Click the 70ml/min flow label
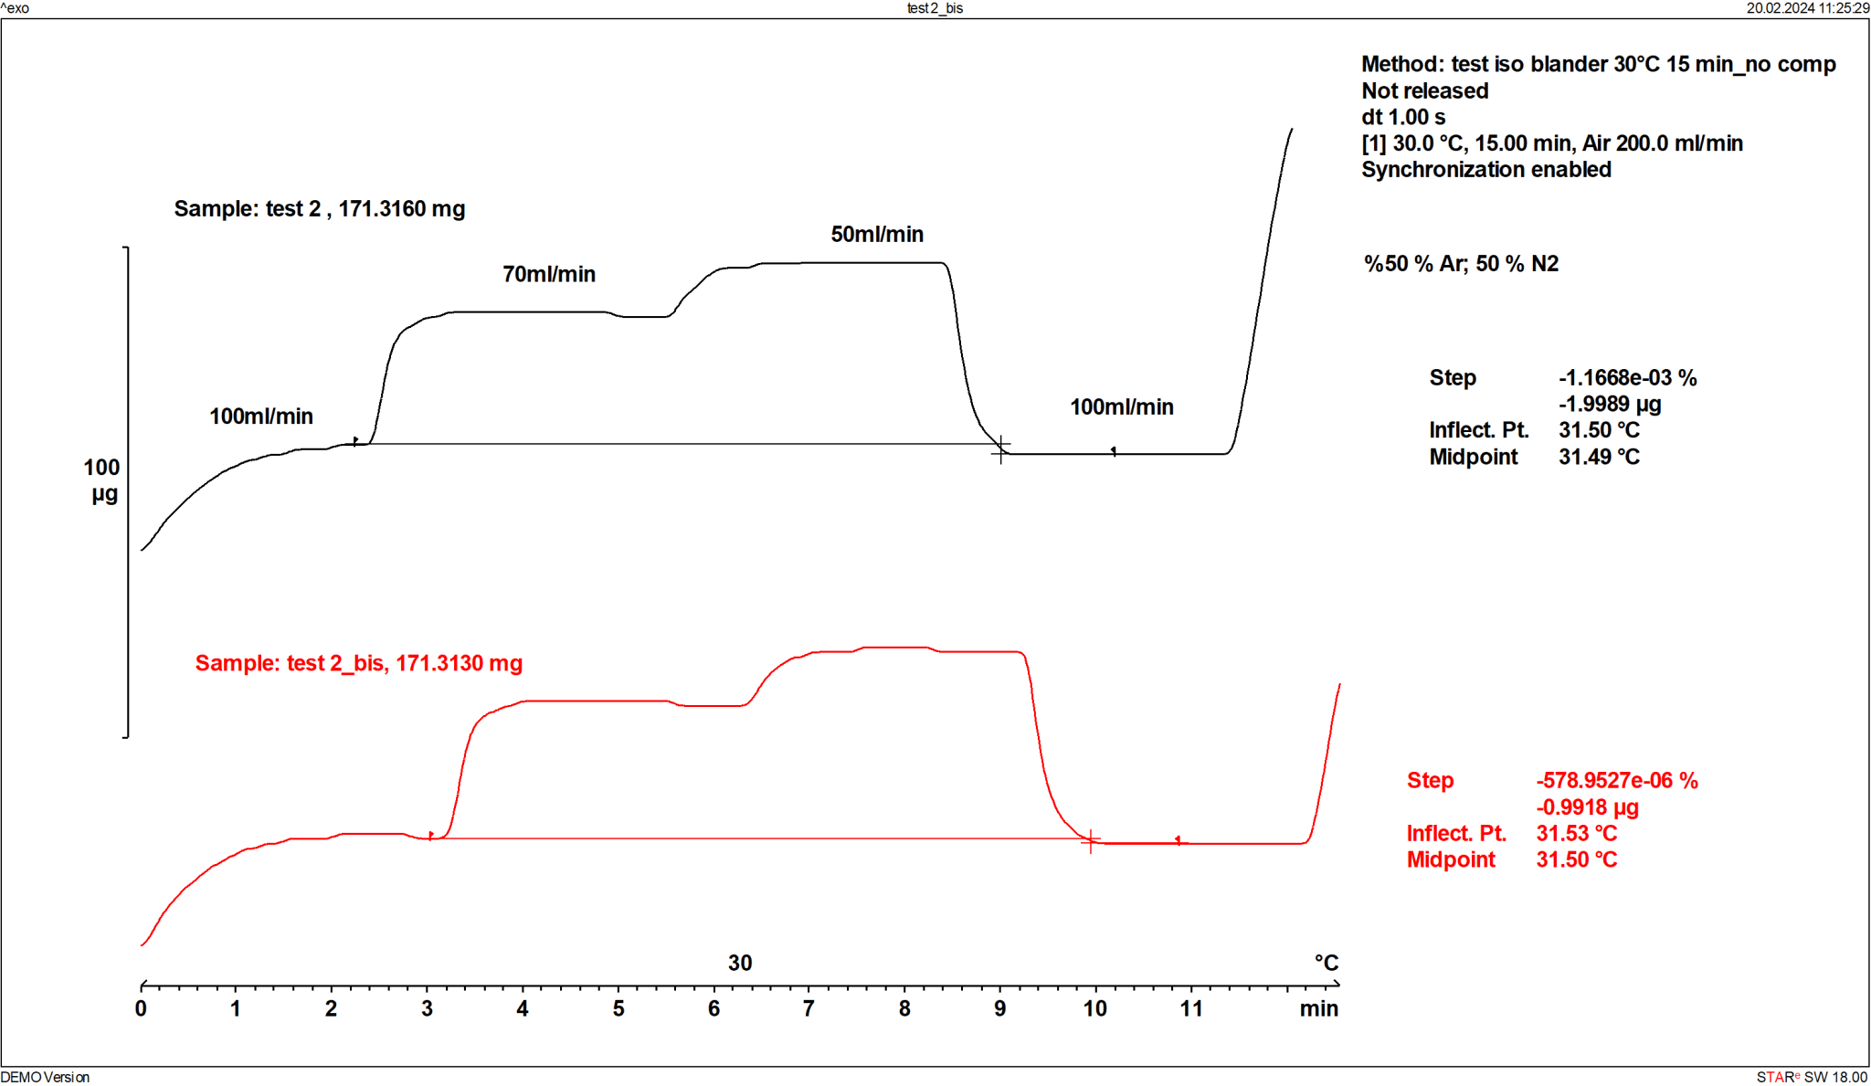point(548,274)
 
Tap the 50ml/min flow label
point(876,234)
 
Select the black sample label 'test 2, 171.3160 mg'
point(319,208)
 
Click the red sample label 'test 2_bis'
point(358,663)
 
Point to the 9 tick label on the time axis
point(999,1008)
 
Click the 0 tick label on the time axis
point(141,1008)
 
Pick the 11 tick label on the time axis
point(1190,1008)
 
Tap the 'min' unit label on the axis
point(1318,1008)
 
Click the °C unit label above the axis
point(1326,963)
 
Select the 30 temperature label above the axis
point(740,963)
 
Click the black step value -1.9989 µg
point(1610,404)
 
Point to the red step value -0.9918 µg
point(1587,807)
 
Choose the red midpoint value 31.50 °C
point(1576,859)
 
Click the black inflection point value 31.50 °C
point(1599,430)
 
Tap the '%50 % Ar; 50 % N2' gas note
point(1461,264)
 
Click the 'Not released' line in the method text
point(1424,90)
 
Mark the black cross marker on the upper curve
point(1000,448)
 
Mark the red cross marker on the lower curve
point(1090,840)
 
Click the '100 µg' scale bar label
point(102,480)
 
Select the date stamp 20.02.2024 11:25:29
point(1807,8)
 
